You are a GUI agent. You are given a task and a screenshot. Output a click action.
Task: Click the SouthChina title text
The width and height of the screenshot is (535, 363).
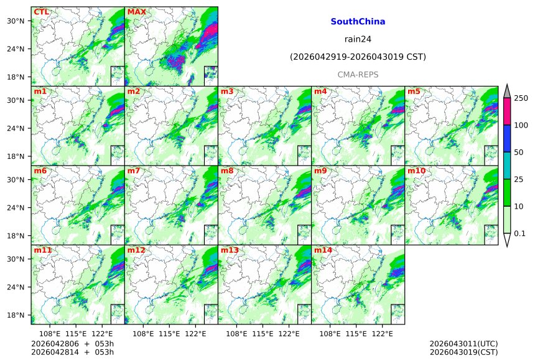(x=358, y=22)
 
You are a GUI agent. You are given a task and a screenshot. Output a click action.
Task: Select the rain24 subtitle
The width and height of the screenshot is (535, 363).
(x=358, y=39)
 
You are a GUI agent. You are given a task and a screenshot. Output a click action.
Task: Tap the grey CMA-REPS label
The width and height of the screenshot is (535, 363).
(x=358, y=75)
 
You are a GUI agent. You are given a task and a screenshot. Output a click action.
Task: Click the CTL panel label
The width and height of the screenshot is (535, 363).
(x=41, y=12)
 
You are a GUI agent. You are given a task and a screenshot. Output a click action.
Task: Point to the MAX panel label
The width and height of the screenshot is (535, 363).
(x=136, y=12)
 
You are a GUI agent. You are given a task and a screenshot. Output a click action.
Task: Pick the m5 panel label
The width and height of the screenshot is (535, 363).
(x=414, y=92)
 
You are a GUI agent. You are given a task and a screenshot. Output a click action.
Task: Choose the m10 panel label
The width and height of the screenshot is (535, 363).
(x=416, y=171)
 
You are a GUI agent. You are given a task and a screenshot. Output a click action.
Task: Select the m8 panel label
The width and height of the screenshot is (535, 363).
(x=227, y=171)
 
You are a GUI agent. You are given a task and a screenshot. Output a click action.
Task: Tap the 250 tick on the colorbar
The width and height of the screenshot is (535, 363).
(x=521, y=98)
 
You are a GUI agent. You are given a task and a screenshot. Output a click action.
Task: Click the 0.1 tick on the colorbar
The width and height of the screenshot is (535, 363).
(x=520, y=233)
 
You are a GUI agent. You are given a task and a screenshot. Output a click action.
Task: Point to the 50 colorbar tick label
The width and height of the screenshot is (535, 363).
(x=519, y=153)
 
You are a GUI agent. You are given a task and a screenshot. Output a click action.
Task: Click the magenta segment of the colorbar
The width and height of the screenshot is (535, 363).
(x=506, y=111)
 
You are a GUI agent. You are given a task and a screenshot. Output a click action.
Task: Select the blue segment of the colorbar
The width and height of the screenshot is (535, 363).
(x=506, y=139)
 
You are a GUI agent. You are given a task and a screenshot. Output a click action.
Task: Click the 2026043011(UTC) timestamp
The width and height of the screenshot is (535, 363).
(x=463, y=344)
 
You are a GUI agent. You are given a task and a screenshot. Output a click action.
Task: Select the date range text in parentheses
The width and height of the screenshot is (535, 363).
(x=358, y=57)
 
